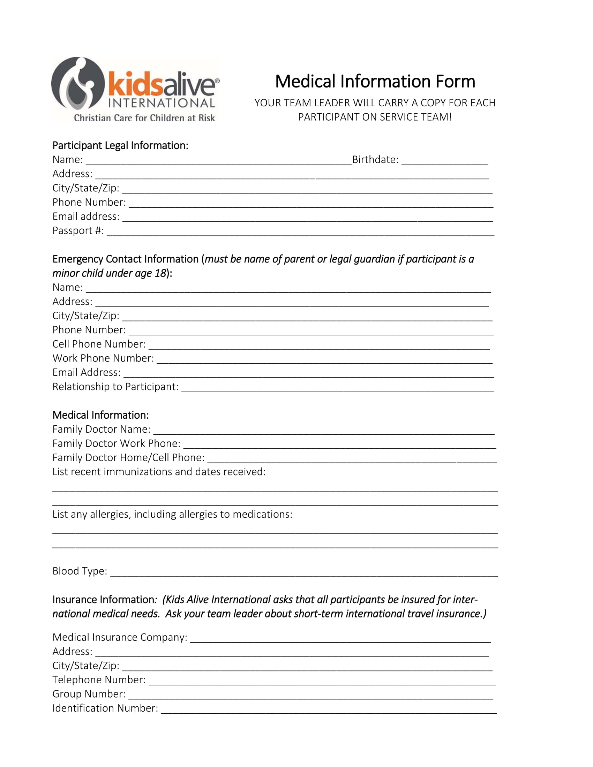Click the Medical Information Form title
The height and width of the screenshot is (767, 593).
pyautogui.click(x=375, y=82)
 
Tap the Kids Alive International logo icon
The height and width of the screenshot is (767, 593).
pyautogui.click(x=78, y=84)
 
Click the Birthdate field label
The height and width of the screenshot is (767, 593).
pyautogui.click(x=375, y=160)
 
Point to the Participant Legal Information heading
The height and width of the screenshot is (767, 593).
pyautogui.click(x=120, y=145)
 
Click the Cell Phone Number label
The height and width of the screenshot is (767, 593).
pyautogui.click(x=99, y=344)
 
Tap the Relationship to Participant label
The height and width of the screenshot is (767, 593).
pyautogui.click(x=115, y=387)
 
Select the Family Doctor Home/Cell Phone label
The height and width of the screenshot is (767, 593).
pyautogui.click(x=128, y=458)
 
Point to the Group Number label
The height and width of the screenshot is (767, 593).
pyautogui.click(x=89, y=694)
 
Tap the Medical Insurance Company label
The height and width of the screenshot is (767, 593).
pyautogui.click(x=120, y=637)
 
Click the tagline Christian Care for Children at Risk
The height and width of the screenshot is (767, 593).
pyautogui.click(x=144, y=118)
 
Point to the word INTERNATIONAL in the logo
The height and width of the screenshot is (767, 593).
pyautogui.click(x=161, y=103)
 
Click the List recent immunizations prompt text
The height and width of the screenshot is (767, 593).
pyautogui.click(x=159, y=472)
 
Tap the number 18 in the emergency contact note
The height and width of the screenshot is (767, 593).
pyautogui.click(x=160, y=273)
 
